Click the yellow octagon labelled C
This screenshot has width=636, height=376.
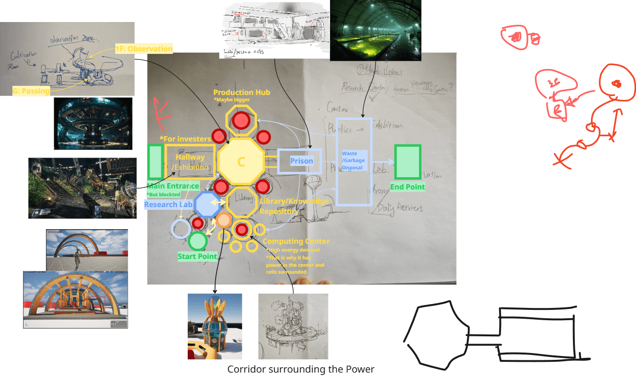pos(241,162)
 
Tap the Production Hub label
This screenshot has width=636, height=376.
pos(241,92)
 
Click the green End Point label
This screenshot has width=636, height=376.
pos(407,187)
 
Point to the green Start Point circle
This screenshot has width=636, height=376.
pos(197,241)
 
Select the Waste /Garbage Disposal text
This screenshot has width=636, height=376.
pos(352,161)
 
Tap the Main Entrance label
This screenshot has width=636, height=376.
pos(173,186)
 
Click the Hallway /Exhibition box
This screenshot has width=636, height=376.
pos(190,161)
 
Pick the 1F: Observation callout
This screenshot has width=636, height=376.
pos(144,49)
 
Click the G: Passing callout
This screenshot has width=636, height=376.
pos(31,91)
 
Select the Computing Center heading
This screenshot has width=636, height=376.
pos(296,241)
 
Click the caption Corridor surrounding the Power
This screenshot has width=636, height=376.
pos(301,369)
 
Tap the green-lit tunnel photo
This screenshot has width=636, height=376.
pos(375,30)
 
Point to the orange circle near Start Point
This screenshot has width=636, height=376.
pos(223,220)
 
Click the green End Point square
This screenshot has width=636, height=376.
pos(408,162)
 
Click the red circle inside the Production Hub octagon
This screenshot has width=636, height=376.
pos(241,119)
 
